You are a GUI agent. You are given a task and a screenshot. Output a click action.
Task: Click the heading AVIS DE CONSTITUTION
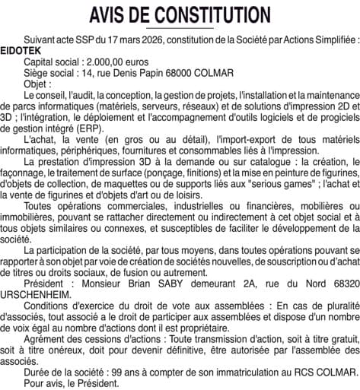pyautogui.click(x=179, y=14)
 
